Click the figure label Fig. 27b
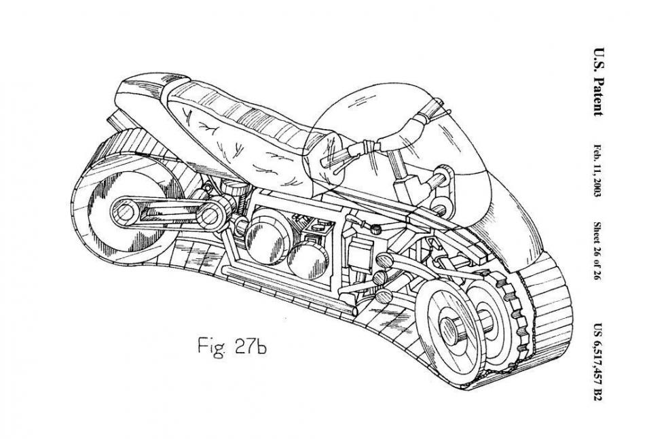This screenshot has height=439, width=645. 232,347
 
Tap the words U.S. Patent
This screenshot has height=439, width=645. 599,82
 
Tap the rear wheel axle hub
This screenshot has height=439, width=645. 124,213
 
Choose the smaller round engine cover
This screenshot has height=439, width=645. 308,260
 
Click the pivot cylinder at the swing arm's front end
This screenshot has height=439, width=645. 213,214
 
